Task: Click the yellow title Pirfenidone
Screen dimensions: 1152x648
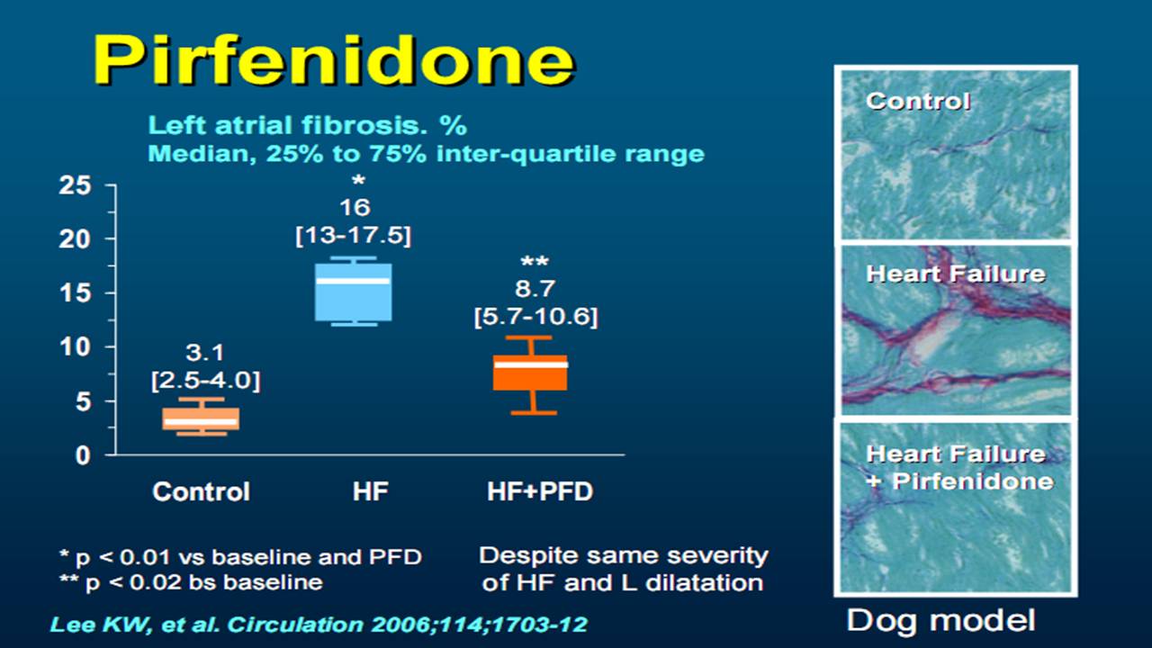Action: (333, 60)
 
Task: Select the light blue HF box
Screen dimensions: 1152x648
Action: (354, 292)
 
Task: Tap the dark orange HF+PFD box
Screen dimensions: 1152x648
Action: (530, 373)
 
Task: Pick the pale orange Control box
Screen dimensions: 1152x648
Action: (201, 418)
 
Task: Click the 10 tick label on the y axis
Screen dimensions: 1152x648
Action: (75, 347)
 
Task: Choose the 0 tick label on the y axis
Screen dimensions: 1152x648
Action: (83, 455)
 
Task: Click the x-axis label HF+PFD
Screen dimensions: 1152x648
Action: (540, 491)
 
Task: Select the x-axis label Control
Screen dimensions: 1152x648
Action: (201, 491)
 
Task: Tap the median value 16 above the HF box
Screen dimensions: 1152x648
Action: (355, 208)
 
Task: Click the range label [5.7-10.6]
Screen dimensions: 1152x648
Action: (535, 317)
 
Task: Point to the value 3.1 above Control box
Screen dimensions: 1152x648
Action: (204, 353)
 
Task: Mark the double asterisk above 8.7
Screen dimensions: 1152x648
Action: (535, 262)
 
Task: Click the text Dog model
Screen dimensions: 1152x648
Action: (940, 620)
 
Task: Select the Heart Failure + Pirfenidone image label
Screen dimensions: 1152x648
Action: (959, 467)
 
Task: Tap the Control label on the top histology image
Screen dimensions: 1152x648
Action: (918, 101)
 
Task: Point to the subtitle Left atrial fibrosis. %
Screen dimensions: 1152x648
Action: (308, 125)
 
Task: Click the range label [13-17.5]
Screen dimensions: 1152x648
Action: (354, 236)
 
